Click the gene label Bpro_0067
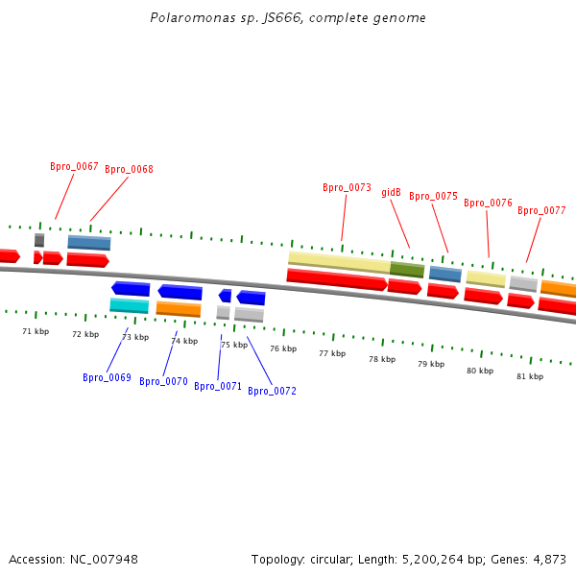[x=74, y=166]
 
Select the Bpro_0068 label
[x=129, y=169]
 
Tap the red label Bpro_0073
[x=347, y=188]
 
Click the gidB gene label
[x=391, y=192]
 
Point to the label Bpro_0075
[x=433, y=196]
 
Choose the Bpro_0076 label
[x=488, y=203]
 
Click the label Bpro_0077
[x=541, y=210]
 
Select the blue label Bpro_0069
[x=107, y=377]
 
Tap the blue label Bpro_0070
[x=163, y=381]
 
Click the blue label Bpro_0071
[x=218, y=386]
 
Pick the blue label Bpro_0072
[x=272, y=391]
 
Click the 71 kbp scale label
[x=36, y=331]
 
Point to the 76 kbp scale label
[x=283, y=348]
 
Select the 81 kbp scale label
[x=530, y=376]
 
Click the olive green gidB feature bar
[x=407, y=270]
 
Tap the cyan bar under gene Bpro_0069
[x=129, y=305]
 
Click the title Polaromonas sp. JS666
[x=288, y=18]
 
